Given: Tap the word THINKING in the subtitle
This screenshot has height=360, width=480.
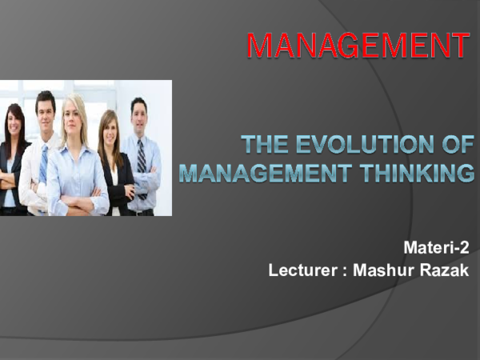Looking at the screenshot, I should point(417,172).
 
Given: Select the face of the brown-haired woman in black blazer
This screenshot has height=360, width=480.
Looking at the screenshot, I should point(108,128).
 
